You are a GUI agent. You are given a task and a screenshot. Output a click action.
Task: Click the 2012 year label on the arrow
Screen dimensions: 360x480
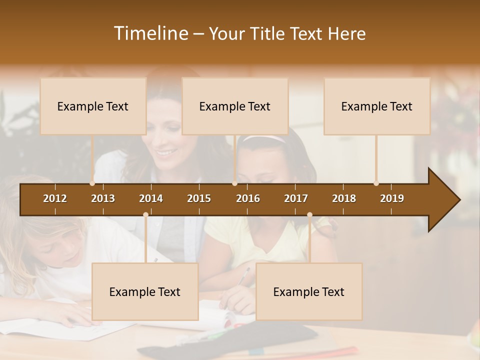55,198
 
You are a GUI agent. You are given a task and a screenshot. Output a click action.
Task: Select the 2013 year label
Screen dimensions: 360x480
103,198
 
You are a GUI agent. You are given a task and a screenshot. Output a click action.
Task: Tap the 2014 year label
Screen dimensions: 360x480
151,198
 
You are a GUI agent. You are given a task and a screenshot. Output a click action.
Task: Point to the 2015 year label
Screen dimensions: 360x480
199,198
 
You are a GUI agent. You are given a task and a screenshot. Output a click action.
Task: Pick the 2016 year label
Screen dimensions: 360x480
248,198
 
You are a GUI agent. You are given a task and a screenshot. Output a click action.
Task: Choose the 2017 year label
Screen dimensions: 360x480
296,198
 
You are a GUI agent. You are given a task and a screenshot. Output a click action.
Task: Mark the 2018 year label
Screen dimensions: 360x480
344,198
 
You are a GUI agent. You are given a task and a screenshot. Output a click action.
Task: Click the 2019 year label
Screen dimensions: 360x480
392,198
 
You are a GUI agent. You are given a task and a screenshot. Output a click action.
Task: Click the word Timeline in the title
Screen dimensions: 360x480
150,33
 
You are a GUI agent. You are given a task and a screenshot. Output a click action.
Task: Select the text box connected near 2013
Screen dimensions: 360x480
93,106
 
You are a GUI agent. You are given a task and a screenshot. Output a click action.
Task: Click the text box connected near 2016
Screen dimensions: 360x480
235,106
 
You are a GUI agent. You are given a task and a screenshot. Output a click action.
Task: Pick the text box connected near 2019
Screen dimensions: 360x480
377,106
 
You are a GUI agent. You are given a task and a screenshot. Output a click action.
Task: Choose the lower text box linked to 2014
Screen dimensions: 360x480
145,291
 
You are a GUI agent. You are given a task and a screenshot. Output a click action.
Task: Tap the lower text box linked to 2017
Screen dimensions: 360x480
309,291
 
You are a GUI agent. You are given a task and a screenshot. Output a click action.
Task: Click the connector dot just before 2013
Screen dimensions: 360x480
92,183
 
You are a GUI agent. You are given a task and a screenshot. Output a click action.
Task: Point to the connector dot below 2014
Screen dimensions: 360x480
145,215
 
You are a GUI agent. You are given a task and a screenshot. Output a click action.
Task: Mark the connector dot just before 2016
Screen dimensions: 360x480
234,183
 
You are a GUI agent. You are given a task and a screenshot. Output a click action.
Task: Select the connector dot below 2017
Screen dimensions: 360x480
309,215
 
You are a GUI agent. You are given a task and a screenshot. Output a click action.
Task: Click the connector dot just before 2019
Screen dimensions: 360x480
376,183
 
